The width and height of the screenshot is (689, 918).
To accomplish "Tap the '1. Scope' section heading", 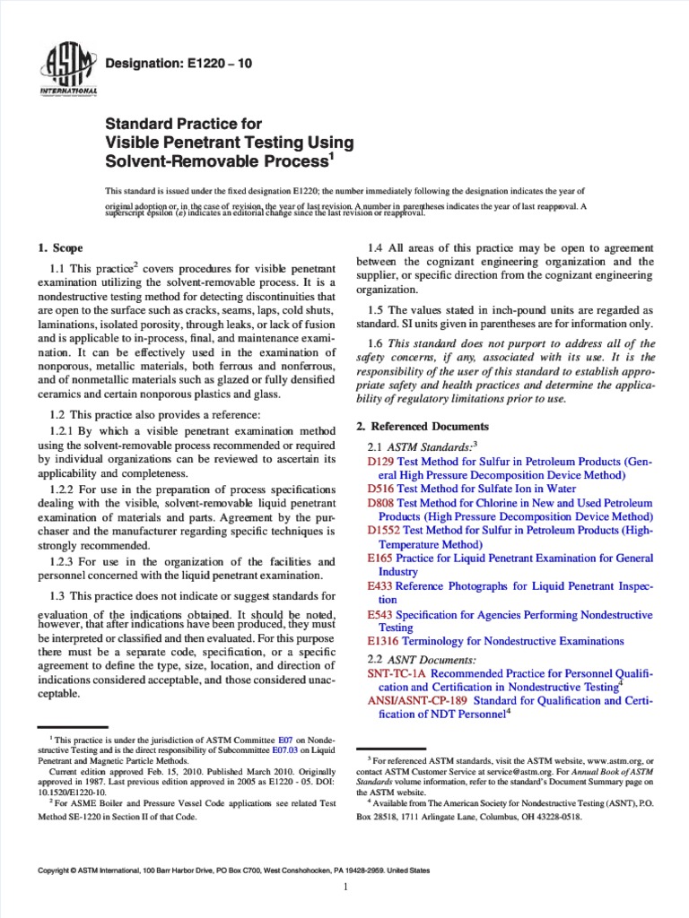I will pyautogui.click(x=58, y=247).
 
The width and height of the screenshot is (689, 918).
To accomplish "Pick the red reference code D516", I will pyautogui.click(x=381, y=489).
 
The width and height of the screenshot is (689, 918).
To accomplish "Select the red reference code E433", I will pyautogui.click(x=380, y=585).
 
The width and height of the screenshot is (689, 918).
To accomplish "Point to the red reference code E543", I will pyautogui.click(x=380, y=615).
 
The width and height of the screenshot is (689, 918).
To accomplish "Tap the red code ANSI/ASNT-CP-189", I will pyautogui.click(x=418, y=700).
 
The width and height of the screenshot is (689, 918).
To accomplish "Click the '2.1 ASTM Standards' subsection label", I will pyautogui.click(x=425, y=446).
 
